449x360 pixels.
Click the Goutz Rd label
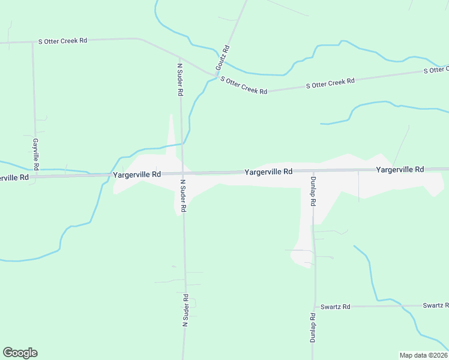pyautogui.click(x=223, y=56)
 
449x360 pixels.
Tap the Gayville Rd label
pyautogui.click(x=36, y=154)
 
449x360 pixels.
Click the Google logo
pyautogui.click(x=20, y=353)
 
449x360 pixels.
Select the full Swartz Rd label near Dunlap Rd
pyautogui.click(x=335, y=307)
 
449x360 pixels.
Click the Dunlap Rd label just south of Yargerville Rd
pyautogui.click(x=313, y=191)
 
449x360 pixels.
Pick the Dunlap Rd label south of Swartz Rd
pyautogui.click(x=313, y=328)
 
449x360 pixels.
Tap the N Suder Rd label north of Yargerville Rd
pyautogui.click(x=179, y=78)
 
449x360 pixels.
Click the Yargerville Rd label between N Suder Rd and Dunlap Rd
pyautogui.click(x=268, y=172)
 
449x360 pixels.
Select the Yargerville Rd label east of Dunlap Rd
pyautogui.click(x=400, y=170)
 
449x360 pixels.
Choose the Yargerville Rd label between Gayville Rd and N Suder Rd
pyautogui.click(x=137, y=174)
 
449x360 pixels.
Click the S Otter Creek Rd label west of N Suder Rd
pyautogui.click(x=63, y=41)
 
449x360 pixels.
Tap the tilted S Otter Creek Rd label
pyautogui.click(x=244, y=85)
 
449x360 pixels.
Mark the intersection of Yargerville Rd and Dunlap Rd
pyautogui.click(x=313, y=171)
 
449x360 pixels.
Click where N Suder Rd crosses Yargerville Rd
pyautogui.click(x=182, y=173)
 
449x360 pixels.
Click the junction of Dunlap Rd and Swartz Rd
pyautogui.click(x=315, y=307)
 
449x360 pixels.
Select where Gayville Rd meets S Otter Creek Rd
pyautogui.click(x=33, y=43)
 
